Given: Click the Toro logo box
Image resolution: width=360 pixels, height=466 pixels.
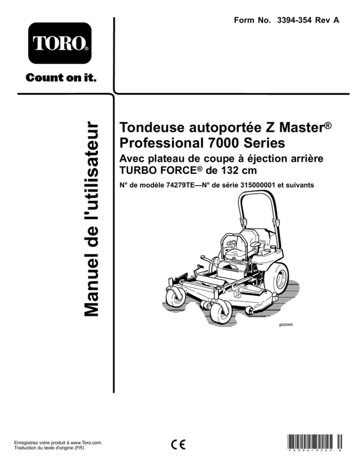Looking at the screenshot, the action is [x=60, y=43].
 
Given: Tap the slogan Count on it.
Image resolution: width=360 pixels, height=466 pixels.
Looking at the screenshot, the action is [x=61, y=78].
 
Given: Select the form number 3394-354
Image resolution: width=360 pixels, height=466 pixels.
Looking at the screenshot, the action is [x=294, y=20].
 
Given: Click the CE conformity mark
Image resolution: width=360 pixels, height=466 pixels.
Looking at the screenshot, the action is [x=178, y=444].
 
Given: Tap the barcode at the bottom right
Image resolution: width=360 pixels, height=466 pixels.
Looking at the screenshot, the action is [x=315, y=443].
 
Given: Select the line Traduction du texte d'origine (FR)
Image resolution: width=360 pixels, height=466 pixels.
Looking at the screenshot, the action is [x=49, y=448].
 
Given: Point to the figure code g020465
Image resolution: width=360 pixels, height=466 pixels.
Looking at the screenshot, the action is [x=285, y=325].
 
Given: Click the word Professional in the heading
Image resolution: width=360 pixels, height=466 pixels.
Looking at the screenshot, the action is [x=160, y=143].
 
